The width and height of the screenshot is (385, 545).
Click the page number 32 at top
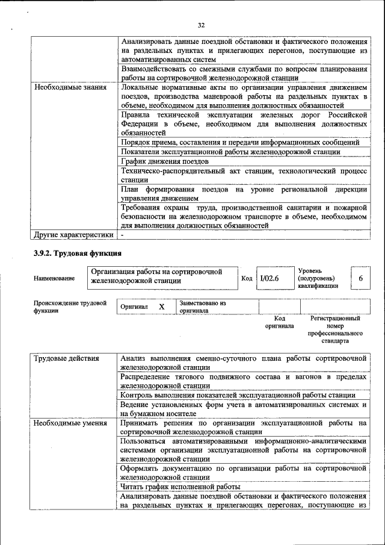[x=202, y=25]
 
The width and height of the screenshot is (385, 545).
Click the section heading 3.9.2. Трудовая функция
[x=78, y=253]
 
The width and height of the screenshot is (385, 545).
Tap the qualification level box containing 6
[x=360, y=278]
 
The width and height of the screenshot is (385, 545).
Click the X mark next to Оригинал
[x=161, y=307]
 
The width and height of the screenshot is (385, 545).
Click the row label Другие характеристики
[x=73, y=234]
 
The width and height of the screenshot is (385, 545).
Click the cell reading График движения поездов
[x=164, y=161]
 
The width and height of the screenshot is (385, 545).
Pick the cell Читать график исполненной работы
[x=180, y=486]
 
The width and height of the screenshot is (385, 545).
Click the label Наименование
[x=55, y=278]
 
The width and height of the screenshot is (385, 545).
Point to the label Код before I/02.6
[x=247, y=278]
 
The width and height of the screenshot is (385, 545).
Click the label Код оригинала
[x=279, y=322]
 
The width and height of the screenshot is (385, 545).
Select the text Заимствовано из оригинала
[x=202, y=307]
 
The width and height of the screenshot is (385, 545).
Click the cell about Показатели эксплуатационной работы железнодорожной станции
[x=230, y=152]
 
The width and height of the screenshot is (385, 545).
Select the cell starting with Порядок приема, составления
[x=240, y=142]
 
